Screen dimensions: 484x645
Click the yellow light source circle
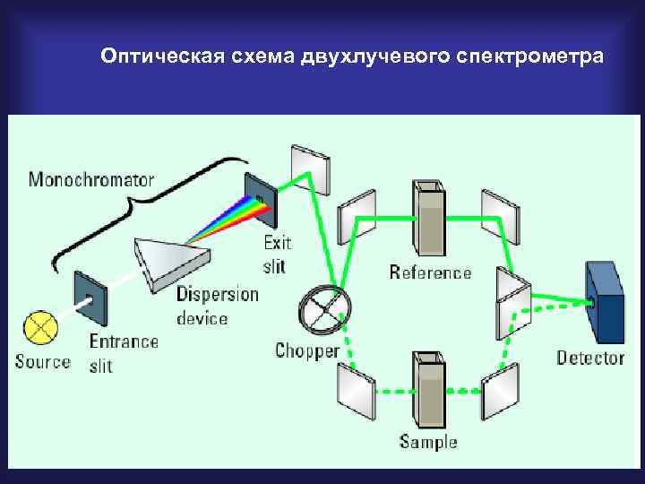tap(40, 326)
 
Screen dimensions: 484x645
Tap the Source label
tap(42, 362)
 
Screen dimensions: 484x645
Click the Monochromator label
tap(90, 179)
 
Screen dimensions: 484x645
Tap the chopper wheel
tap(323, 308)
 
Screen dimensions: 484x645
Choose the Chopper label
tap(307, 350)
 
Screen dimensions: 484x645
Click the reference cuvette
tap(428, 219)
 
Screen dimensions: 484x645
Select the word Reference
tap(430, 272)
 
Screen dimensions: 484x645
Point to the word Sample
tap(428, 441)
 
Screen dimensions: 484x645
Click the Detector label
tap(590, 358)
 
